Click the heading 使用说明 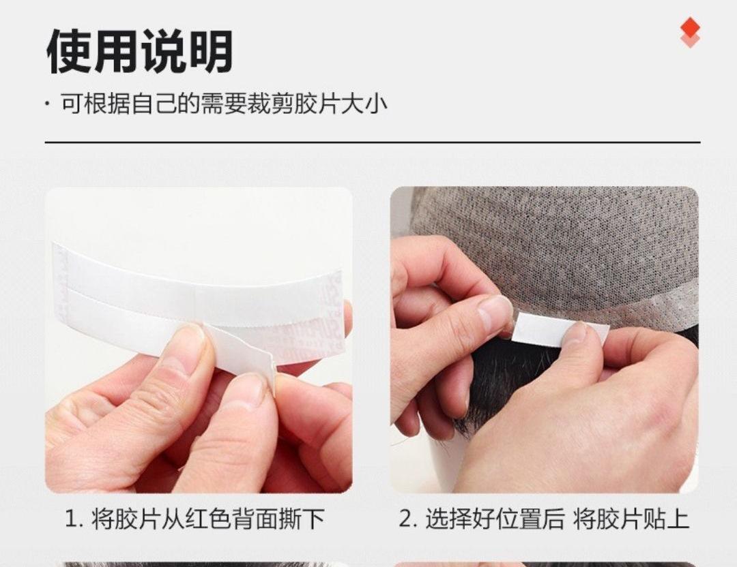click(x=140, y=51)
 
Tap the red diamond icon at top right click(x=689, y=32)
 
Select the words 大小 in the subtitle click(x=364, y=104)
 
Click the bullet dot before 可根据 click(x=48, y=104)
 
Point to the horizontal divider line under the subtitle click(x=373, y=142)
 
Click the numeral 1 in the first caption click(x=71, y=519)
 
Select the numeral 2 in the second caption click(x=405, y=519)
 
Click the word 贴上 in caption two click(x=667, y=519)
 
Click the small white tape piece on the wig click(x=560, y=329)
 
